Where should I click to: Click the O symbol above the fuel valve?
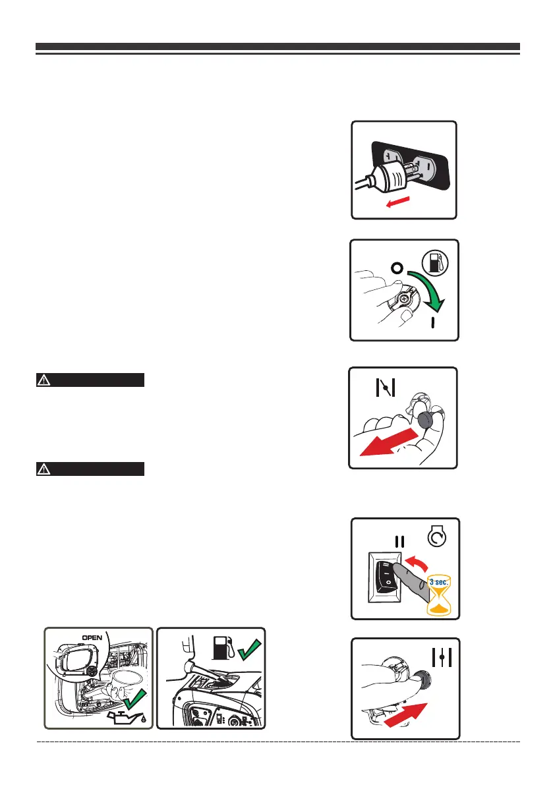point(395,268)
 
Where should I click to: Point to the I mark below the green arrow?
point(433,323)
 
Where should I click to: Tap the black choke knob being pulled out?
point(426,421)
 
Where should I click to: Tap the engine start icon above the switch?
point(436,540)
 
